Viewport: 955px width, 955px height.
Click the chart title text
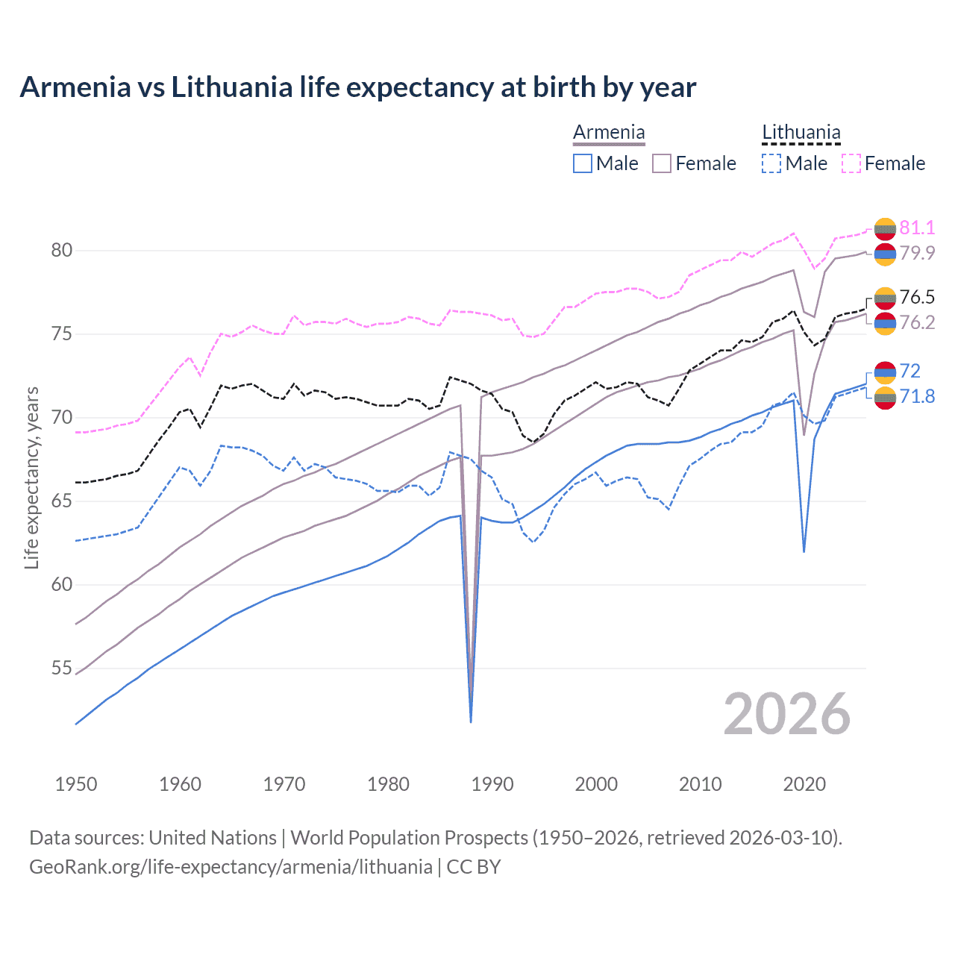coord(357,87)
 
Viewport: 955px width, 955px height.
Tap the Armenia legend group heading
coord(609,133)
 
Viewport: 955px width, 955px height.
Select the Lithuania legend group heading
coord(801,133)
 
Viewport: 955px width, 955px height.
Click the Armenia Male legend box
coord(583,163)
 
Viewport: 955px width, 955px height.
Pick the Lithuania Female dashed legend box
coord(851,163)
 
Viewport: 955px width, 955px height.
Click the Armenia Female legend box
coord(662,163)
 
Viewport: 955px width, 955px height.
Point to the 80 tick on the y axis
coord(62,251)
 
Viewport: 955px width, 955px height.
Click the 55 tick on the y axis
coord(62,668)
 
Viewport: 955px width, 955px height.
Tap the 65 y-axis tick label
coord(62,501)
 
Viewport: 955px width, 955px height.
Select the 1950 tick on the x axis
coord(76,784)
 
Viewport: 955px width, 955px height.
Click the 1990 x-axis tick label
coord(492,784)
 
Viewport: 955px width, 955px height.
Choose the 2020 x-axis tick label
coord(804,784)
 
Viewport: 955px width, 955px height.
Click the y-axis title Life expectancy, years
coord(32,477)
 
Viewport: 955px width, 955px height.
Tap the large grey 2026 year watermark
coord(786,714)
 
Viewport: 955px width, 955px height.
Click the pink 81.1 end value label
coord(917,228)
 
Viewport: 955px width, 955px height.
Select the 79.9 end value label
coord(917,253)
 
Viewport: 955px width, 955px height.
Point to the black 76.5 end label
coord(917,297)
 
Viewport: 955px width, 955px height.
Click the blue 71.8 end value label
coord(917,396)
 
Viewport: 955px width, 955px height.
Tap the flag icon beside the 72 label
coord(885,372)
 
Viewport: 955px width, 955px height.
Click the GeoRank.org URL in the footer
coord(231,867)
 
